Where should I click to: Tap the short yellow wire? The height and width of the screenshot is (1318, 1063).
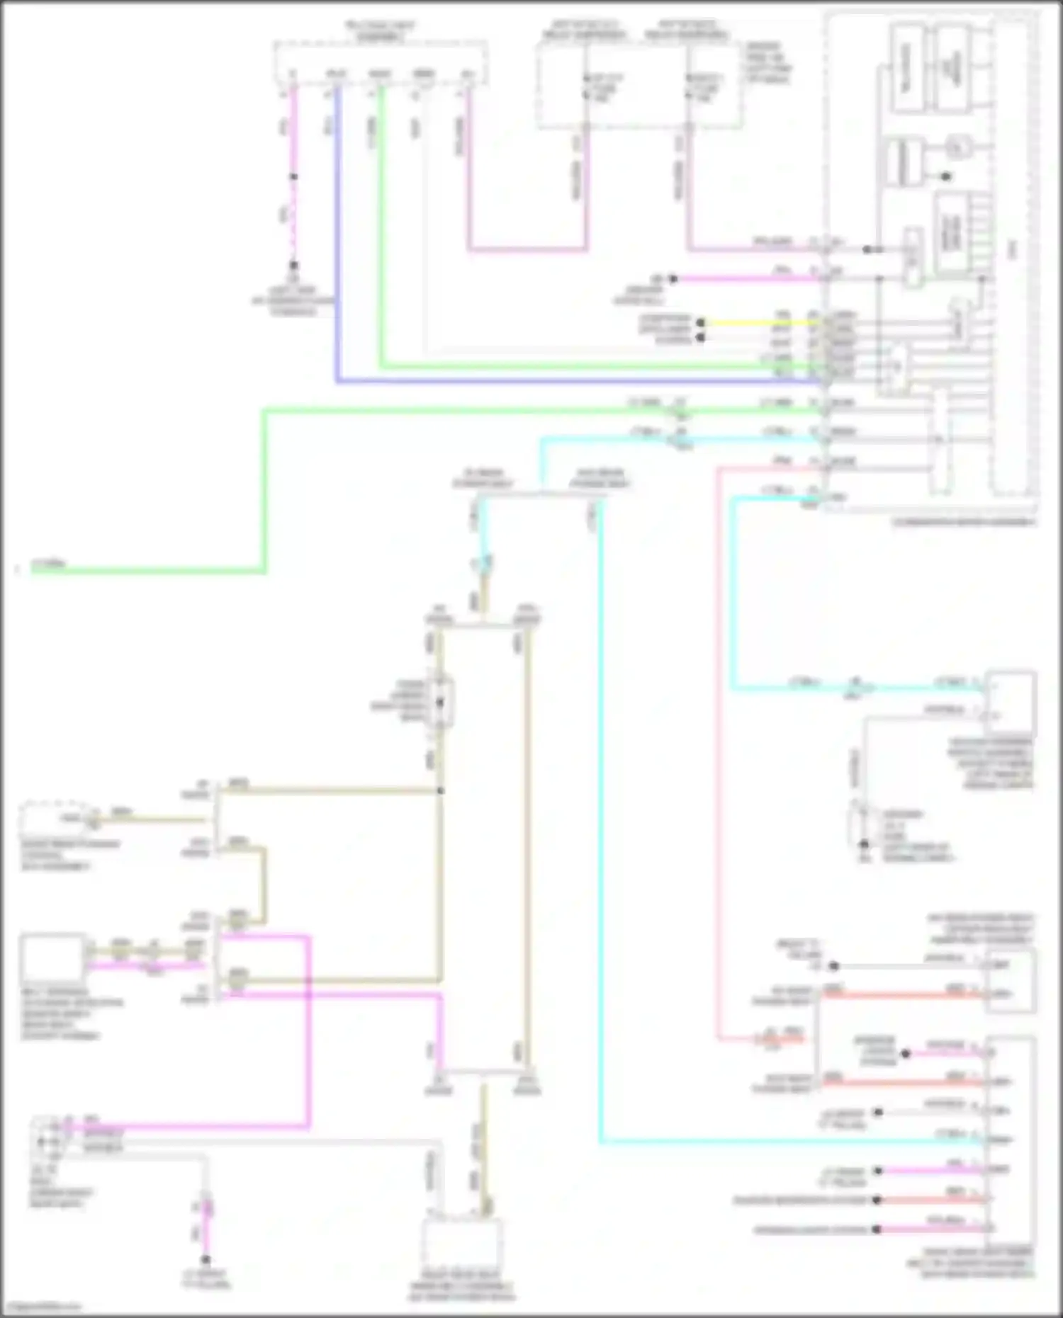(758, 322)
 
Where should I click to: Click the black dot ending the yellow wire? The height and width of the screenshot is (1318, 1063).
(700, 322)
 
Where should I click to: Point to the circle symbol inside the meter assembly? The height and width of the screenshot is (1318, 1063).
(957, 148)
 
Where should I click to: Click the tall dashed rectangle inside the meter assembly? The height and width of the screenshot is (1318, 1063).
(1013, 255)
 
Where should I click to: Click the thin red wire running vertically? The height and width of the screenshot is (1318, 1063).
(718, 779)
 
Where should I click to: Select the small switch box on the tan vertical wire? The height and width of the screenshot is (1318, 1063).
(440, 702)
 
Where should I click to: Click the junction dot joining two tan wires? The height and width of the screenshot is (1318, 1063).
(440, 790)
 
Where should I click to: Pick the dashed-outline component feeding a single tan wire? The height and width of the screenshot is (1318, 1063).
(53, 819)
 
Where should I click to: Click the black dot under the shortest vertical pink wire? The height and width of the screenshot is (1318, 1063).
(206, 1260)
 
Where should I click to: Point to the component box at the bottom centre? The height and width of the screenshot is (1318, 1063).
(462, 1243)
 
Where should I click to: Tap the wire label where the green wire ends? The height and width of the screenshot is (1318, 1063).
(48, 565)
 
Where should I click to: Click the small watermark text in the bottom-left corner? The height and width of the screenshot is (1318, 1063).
(43, 1307)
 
